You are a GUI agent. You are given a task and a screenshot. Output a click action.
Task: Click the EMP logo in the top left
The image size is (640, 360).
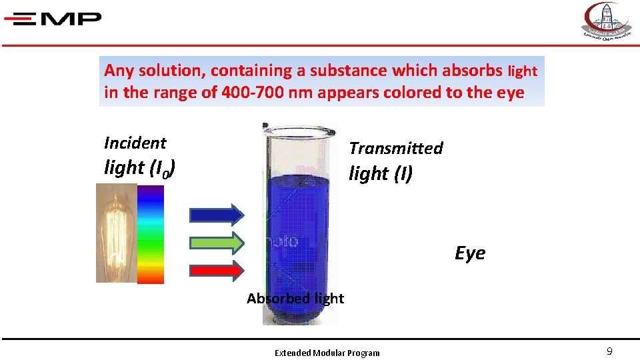coord(53,19)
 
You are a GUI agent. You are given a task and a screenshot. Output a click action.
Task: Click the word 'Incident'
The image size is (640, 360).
coord(135,143)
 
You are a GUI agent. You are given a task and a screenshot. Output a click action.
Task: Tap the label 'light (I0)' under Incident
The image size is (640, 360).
coord(139,168)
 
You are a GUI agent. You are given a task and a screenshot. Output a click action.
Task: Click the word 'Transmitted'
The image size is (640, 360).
coord(396,148)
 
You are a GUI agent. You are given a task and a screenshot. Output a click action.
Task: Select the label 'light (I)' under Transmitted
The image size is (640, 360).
coord(381,173)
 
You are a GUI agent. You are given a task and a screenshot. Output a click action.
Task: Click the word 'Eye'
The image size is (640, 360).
coord(470,253)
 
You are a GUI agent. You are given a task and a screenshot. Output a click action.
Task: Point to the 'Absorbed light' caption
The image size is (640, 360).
coord(295,299)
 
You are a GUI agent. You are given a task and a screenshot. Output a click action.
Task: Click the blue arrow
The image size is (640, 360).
coord(217,214)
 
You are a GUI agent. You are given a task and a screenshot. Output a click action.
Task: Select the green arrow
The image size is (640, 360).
coord(217,243)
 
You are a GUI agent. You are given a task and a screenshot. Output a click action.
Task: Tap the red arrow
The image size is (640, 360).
coord(217,271)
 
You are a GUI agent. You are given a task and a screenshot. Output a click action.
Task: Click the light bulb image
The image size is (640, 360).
coord(116,233)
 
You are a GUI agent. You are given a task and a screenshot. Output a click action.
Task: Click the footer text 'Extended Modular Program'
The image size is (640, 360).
coord(327,353)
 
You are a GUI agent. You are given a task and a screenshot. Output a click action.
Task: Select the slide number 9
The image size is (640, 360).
coord(609,351)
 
